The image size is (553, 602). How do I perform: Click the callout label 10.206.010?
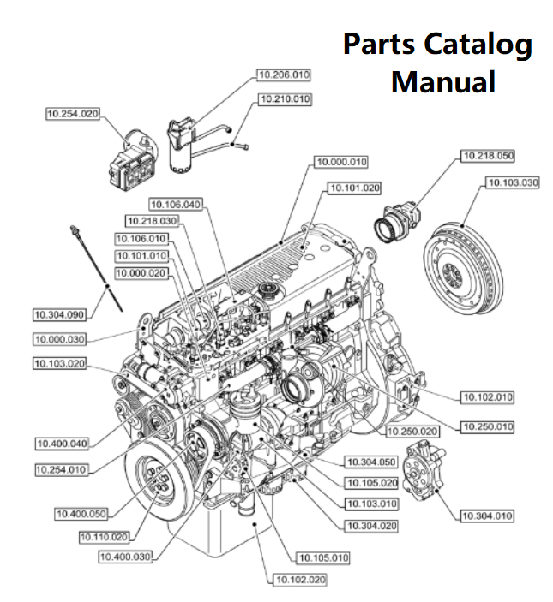[283, 75]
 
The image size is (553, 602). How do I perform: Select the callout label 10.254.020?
[73, 113]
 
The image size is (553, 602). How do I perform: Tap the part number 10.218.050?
[488, 156]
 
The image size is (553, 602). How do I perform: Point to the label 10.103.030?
[513, 182]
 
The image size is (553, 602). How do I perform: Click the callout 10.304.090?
[59, 313]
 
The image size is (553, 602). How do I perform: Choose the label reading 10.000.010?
[340, 162]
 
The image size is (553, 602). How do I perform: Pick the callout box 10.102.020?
[300, 580]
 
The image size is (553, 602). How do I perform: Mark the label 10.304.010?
[487, 515]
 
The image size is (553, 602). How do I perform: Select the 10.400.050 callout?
[81, 514]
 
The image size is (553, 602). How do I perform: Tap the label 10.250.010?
[487, 426]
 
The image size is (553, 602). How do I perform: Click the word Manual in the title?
[442, 82]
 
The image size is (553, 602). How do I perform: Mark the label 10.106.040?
[175, 204]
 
